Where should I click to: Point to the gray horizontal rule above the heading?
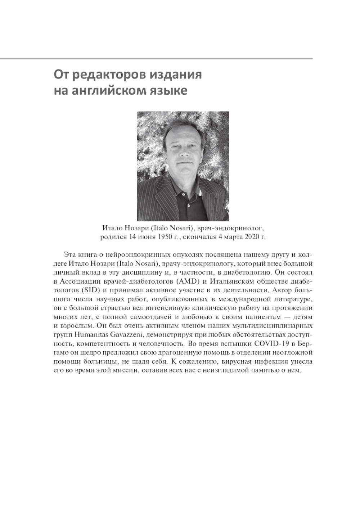tap(156, 59)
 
